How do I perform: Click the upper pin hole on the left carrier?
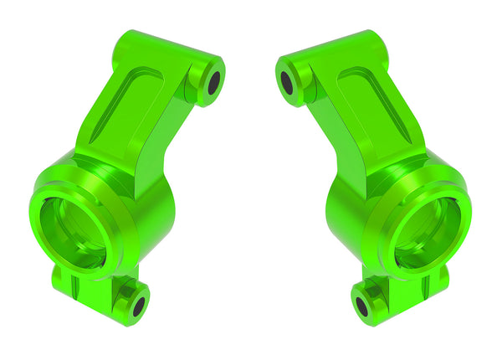tap(214, 81)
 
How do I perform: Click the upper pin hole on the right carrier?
tap(288, 81)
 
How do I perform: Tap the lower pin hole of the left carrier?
tap(139, 305)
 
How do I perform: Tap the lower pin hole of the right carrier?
tap(362, 305)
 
